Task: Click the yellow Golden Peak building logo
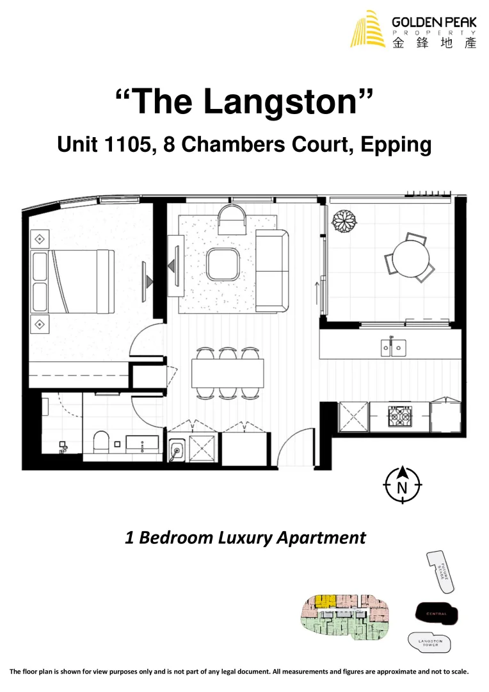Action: (368, 29)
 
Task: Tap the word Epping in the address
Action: (396, 145)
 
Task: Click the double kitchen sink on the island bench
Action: (392, 347)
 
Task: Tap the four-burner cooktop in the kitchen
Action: (401, 417)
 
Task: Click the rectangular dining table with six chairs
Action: (227, 372)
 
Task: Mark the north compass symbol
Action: (402, 484)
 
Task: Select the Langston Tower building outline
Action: (429, 642)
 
